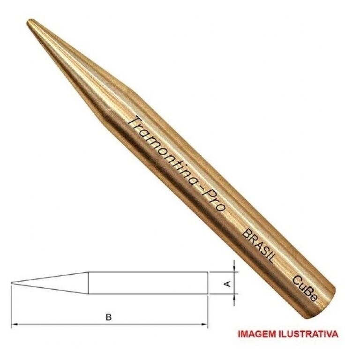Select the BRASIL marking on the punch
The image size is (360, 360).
coord(259,246)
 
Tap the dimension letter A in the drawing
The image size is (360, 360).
coord(227,284)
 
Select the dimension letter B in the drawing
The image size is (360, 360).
coord(109,317)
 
